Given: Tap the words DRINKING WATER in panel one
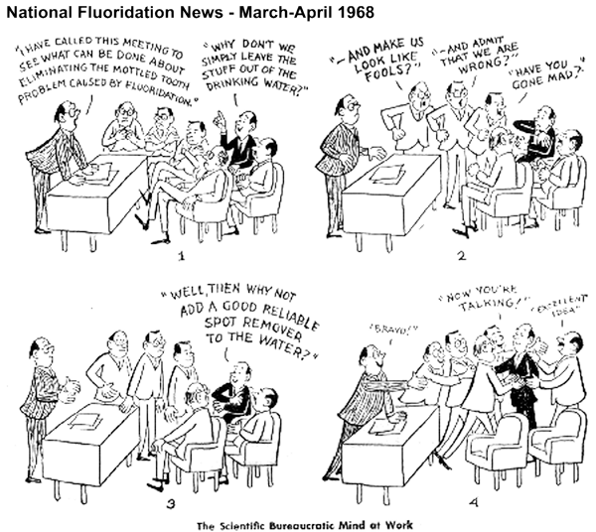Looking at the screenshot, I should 254,92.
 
